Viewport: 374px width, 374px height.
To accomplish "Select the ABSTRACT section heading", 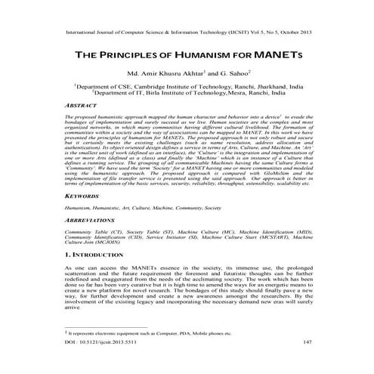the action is point(82,107).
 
